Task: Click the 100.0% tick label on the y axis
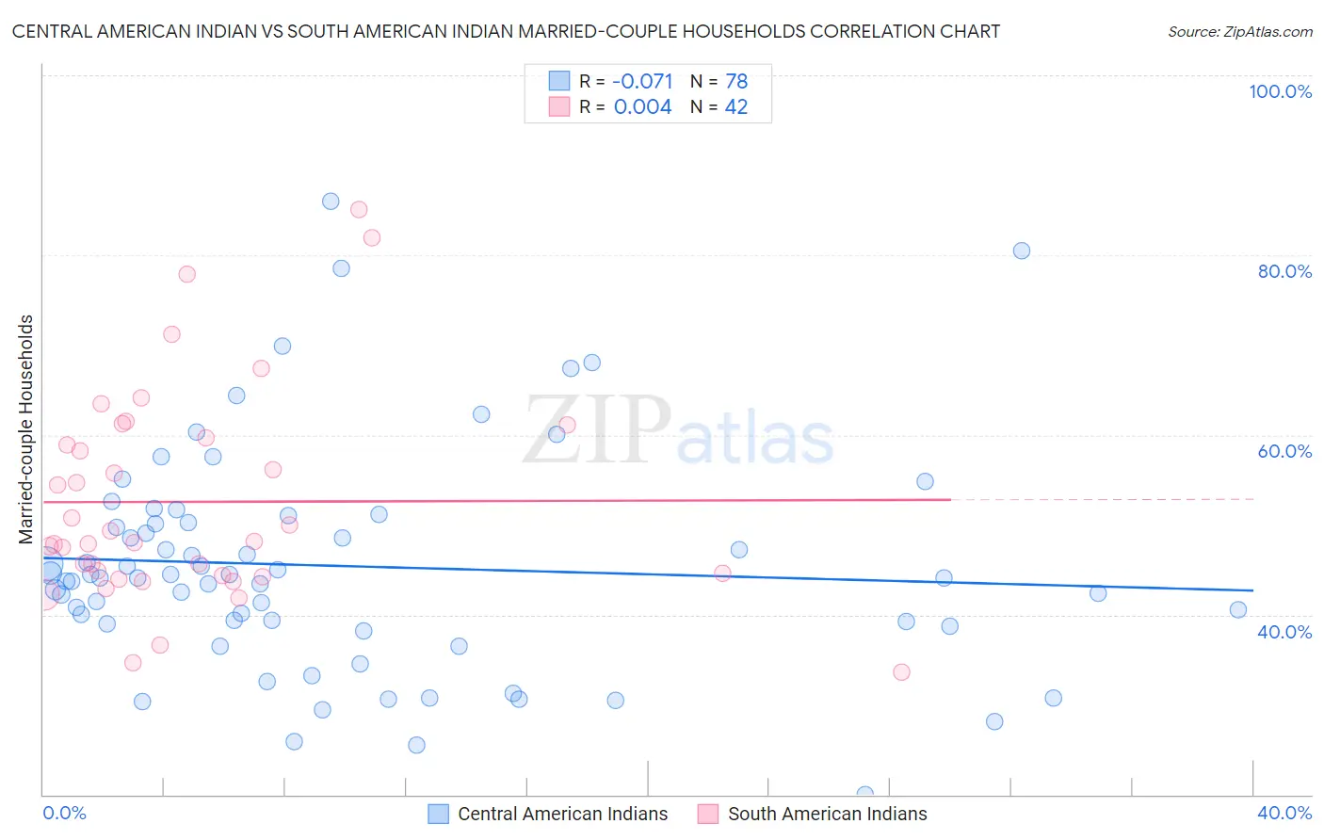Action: (1280, 91)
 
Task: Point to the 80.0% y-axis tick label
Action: (1284, 271)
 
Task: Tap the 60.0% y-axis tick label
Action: (1284, 451)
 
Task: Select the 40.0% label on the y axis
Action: (1284, 632)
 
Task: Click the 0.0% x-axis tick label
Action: (64, 813)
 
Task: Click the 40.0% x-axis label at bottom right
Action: (1284, 813)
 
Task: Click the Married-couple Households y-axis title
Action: (26, 429)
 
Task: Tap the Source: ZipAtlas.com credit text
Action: (1239, 31)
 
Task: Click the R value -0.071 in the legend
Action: (642, 81)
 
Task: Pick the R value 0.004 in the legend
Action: (642, 107)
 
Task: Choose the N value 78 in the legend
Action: (736, 81)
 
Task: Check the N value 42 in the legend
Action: (736, 107)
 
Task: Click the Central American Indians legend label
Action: (562, 814)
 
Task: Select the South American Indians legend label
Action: (827, 814)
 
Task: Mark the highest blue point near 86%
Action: (331, 202)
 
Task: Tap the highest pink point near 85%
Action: (359, 210)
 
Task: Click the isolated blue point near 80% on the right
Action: (1022, 250)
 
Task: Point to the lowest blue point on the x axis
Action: (865, 794)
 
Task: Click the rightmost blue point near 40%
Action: (1238, 609)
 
